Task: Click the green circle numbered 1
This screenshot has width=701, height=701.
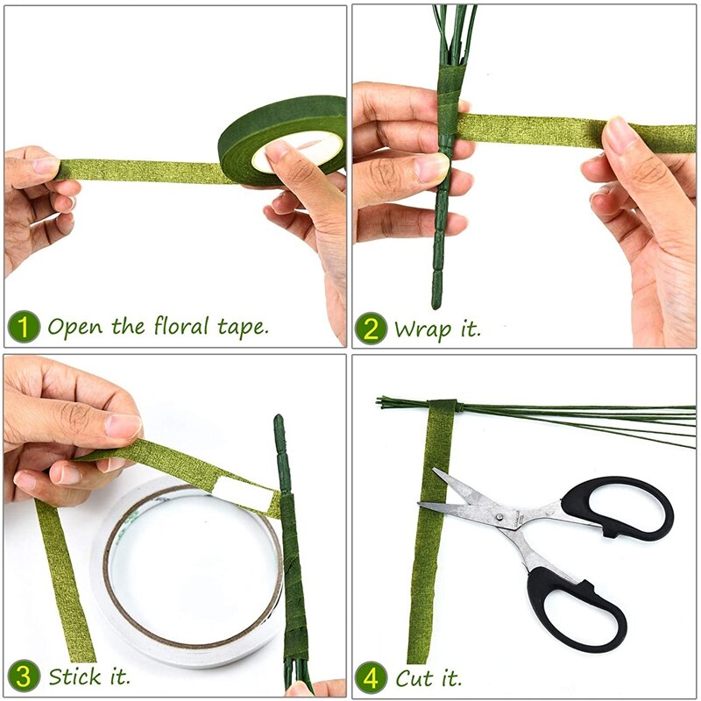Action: (25, 328)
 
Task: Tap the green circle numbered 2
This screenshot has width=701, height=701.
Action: (371, 329)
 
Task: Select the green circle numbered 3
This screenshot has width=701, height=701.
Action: (25, 676)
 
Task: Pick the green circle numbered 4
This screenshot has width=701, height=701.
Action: (371, 676)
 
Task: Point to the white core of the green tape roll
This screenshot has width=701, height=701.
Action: (298, 151)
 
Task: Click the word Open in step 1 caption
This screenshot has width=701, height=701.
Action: (75, 327)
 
